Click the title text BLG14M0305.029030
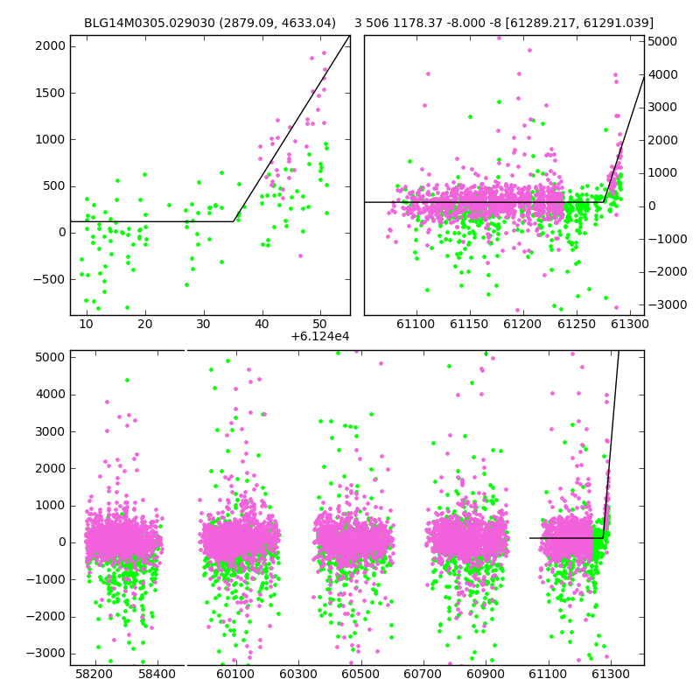coord(149,23)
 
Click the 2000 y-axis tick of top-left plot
coord(51,46)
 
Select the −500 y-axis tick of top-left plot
coord(49,279)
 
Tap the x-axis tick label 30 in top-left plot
coord(204,324)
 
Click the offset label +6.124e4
coord(320,337)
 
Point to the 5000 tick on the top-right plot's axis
coord(662,41)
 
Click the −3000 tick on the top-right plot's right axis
coord(668,304)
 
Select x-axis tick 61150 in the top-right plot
coord(469,324)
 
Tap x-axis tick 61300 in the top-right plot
coord(629,324)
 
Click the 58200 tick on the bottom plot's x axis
coord(94,674)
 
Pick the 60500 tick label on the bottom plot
coord(360,674)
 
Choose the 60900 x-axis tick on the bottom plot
coord(486,674)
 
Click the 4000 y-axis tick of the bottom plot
coord(51,395)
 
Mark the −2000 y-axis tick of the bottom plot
coord(45,617)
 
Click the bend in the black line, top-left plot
coord(234,221)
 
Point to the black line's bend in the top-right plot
coord(604,202)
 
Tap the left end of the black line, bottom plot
coord(530,538)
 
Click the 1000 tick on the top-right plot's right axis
coord(662,173)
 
